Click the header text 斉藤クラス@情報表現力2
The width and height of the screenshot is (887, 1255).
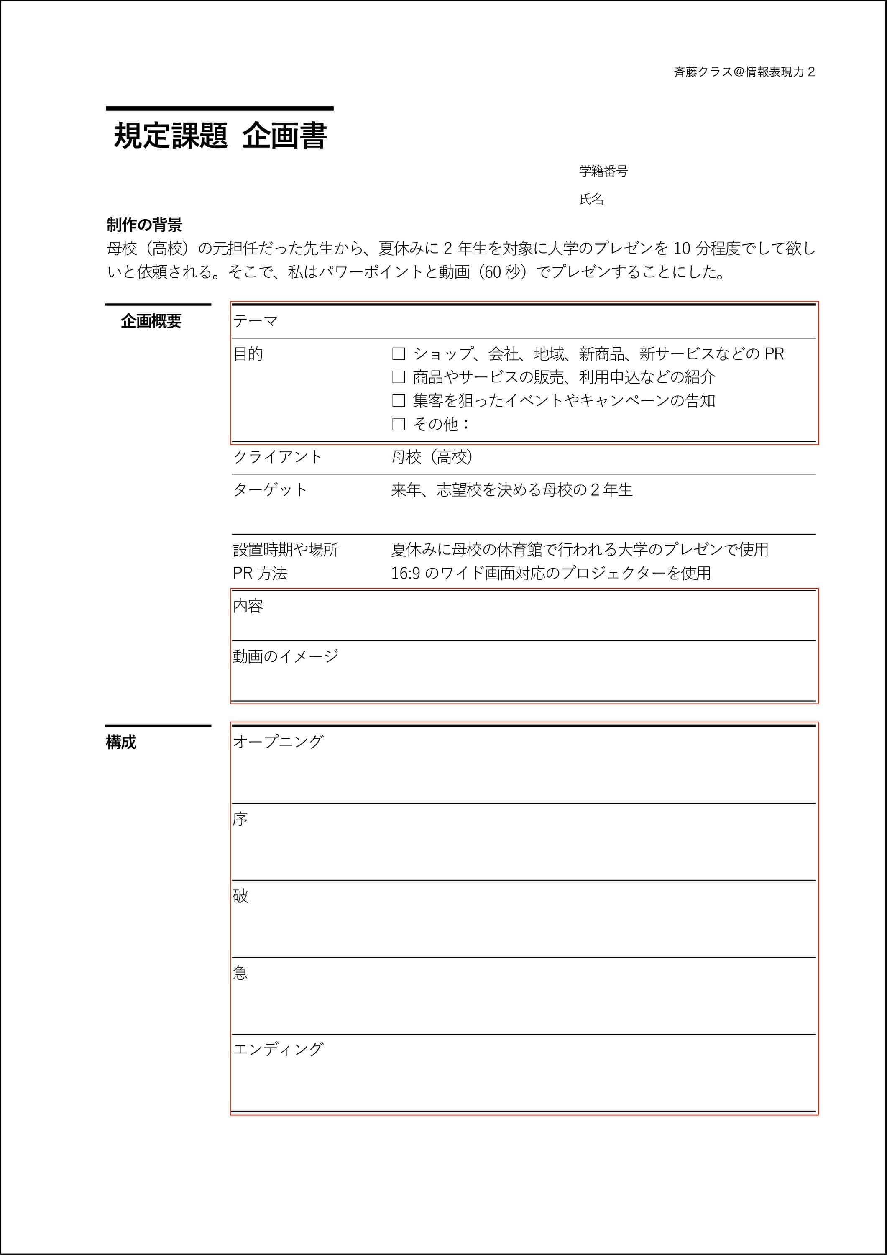(x=744, y=72)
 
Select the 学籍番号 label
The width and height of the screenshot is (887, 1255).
(x=603, y=171)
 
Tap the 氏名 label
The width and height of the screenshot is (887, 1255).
(x=591, y=200)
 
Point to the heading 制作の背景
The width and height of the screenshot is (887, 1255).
(x=144, y=225)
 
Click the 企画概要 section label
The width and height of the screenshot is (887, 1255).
(x=151, y=321)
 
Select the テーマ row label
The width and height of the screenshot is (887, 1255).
(x=255, y=321)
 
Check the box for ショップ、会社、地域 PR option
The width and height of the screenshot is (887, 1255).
(x=399, y=354)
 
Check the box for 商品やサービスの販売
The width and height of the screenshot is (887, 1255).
(x=399, y=377)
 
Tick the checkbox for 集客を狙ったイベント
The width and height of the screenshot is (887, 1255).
(x=399, y=401)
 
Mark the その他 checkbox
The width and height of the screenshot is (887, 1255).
(x=399, y=424)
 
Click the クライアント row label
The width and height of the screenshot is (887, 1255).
(x=277, y=457)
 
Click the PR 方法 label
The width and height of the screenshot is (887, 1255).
(x=260, y=574)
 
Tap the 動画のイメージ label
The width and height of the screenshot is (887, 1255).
(x=285, y=656)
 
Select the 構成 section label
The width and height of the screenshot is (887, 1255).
(x=121, y=742)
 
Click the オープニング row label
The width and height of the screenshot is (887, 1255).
(x=278, y=742)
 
